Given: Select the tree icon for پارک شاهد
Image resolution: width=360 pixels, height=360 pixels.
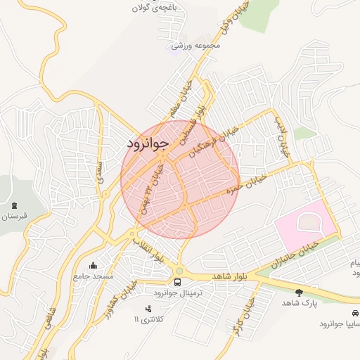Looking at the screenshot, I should coord(300,292).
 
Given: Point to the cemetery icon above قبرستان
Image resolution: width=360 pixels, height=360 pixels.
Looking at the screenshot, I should coord(14,205).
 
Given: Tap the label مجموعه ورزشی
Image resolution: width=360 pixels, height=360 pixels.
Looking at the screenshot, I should coord(197,46).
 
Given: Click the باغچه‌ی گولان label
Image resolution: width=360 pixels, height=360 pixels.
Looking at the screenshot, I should coord(157,8).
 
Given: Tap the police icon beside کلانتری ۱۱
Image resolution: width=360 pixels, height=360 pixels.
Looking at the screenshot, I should coord(148,309).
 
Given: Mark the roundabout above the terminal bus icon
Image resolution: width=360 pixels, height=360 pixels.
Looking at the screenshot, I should coord(179,271).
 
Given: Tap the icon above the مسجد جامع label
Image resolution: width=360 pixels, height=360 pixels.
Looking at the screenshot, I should coord(94,266).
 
